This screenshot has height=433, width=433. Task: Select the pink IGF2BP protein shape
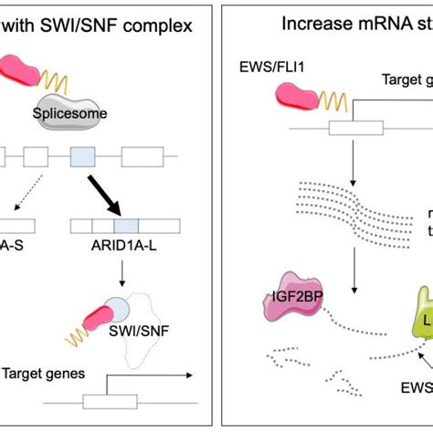click(x=289, y=292)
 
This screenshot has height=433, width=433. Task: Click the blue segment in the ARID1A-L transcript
click(x=125, y=224)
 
